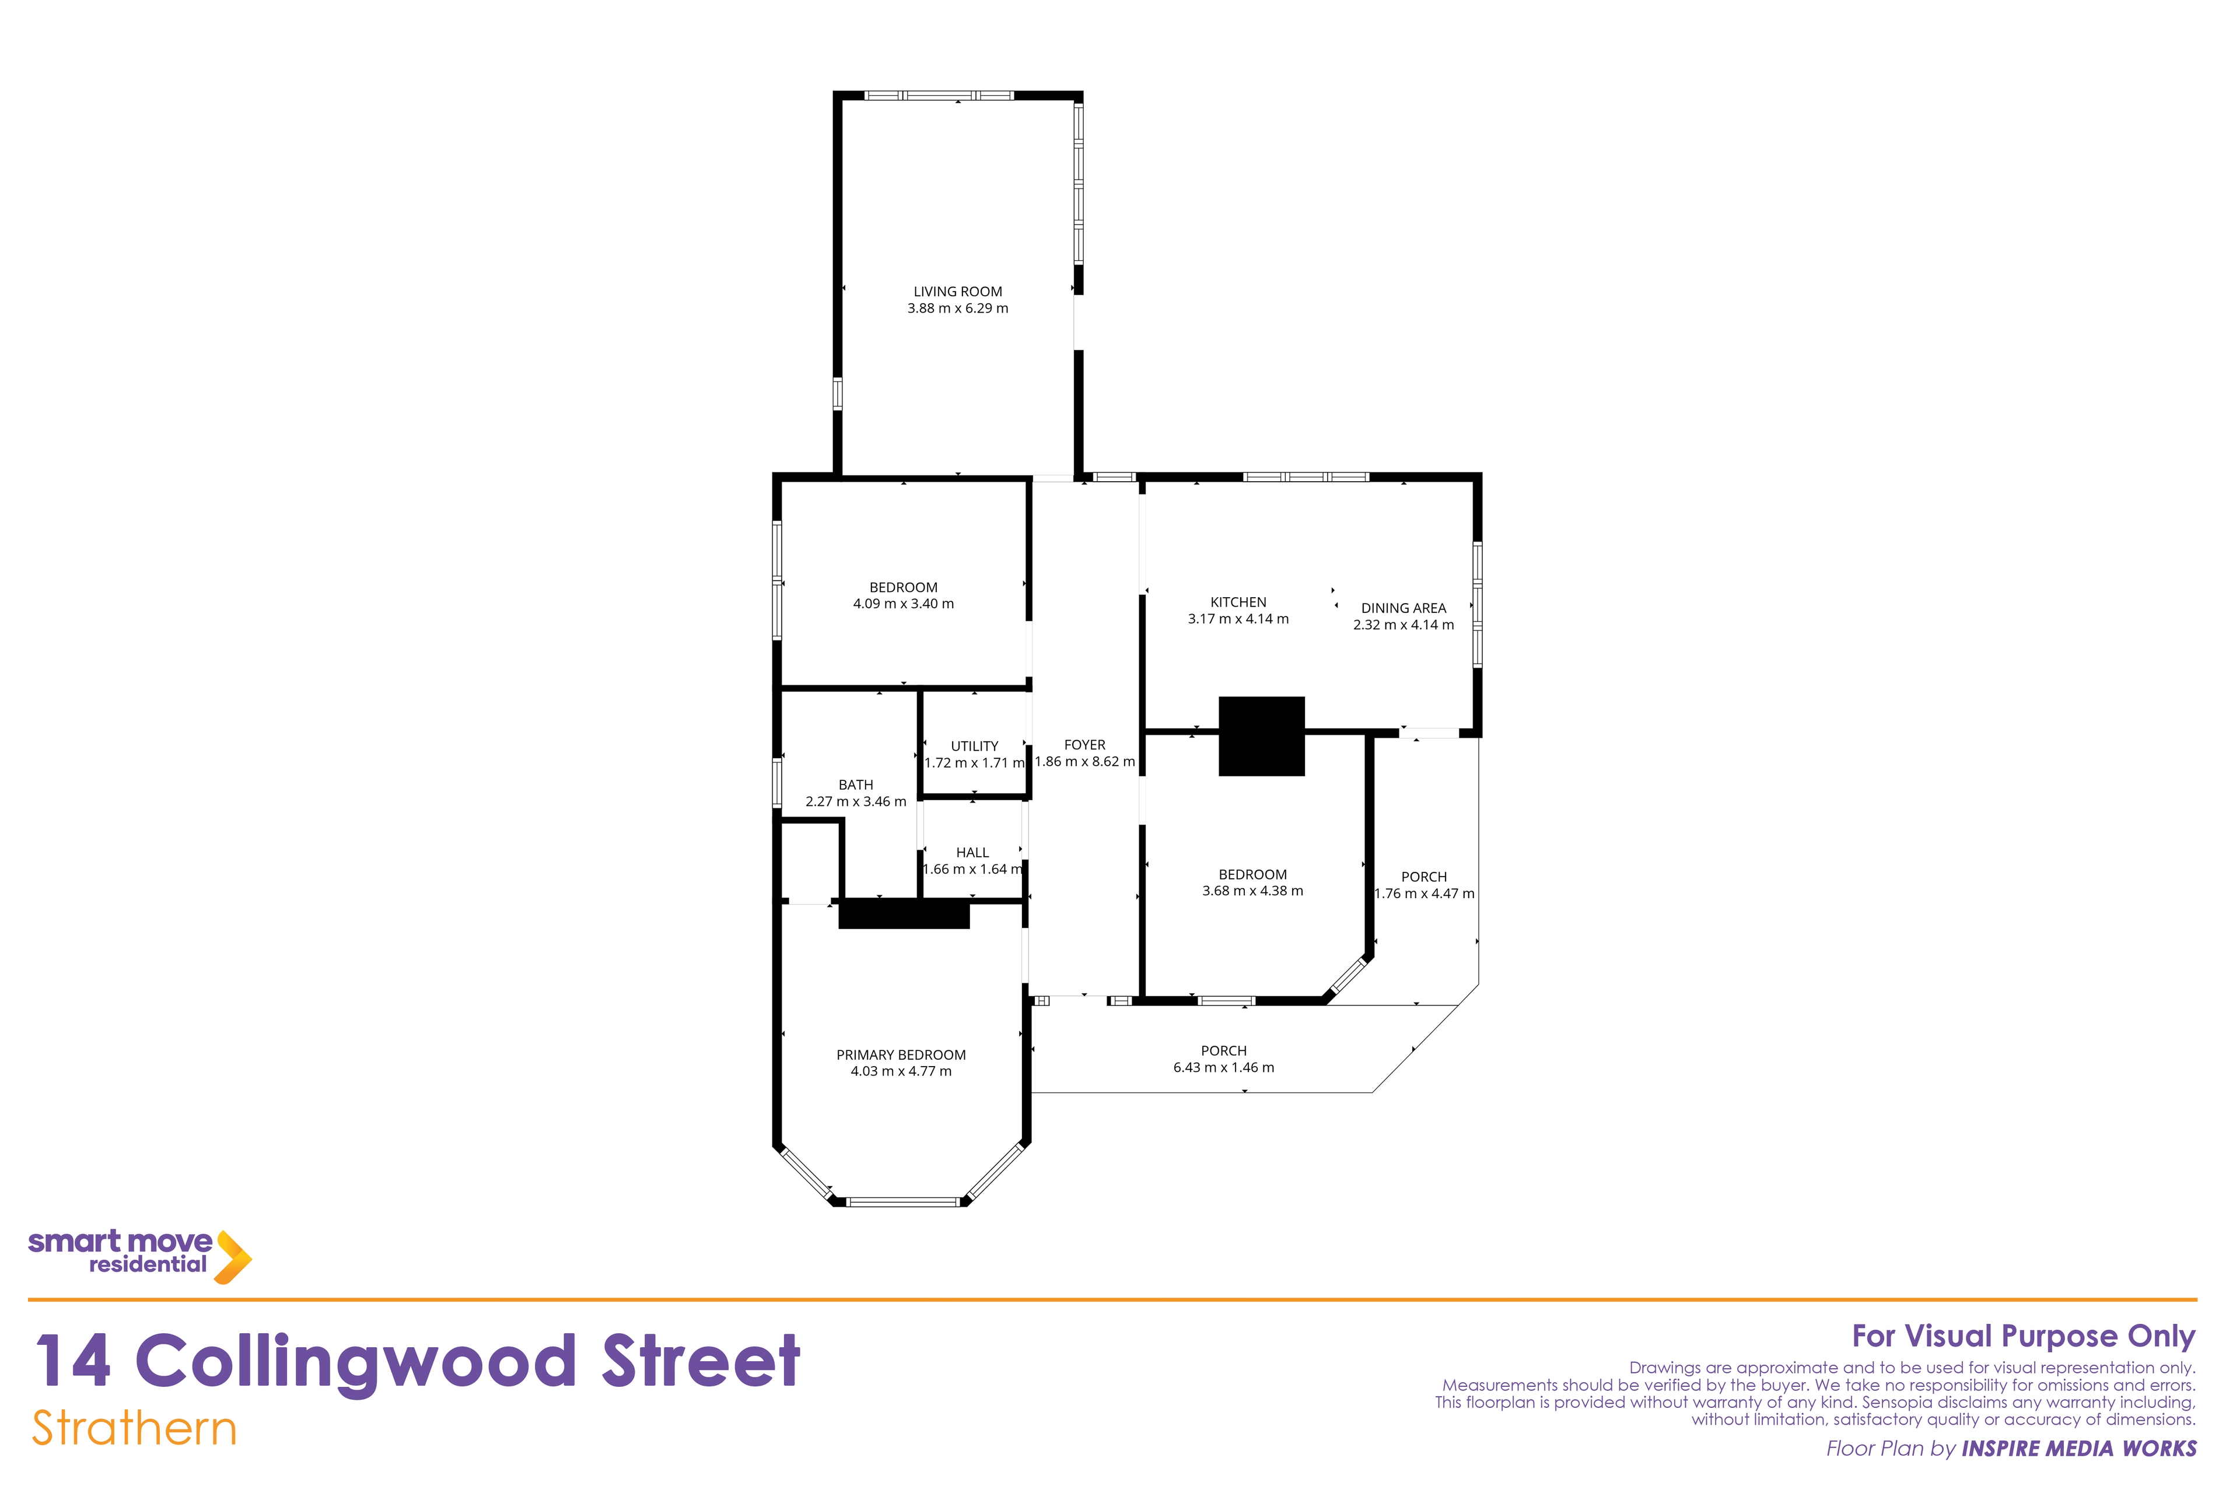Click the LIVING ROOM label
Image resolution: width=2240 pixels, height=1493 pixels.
[957, 292]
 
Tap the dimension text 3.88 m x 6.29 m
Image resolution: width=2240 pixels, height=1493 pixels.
[957, 309]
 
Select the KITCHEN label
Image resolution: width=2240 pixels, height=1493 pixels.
[1238, 602]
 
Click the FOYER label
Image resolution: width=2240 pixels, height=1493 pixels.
[1085, 745]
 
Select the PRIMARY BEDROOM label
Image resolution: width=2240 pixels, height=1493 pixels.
[901, 1055]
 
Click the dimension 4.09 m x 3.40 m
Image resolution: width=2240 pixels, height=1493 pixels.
[903, 604]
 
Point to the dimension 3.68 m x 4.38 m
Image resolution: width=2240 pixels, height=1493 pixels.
[1252, 891]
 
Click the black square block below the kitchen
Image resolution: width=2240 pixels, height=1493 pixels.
[1261, 736]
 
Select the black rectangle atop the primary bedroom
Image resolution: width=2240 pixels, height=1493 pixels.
[904, 914]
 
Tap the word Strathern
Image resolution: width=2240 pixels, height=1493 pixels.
[134, 1428]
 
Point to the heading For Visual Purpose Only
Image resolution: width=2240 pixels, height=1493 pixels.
[2024, 1337]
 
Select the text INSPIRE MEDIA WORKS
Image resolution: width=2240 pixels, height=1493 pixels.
[2079, 1448]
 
